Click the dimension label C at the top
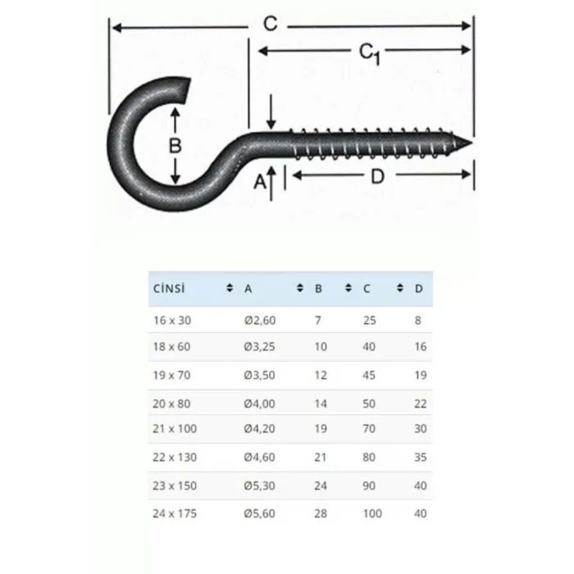(270, 25)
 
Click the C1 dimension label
(370, 53)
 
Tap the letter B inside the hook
(173, 147)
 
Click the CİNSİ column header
(169, 289)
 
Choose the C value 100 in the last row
(371, 513)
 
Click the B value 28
(321, 513)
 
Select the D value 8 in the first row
(418, 319)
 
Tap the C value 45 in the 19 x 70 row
(369, 375)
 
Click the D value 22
(421, 403)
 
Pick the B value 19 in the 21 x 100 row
(321, 429)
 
